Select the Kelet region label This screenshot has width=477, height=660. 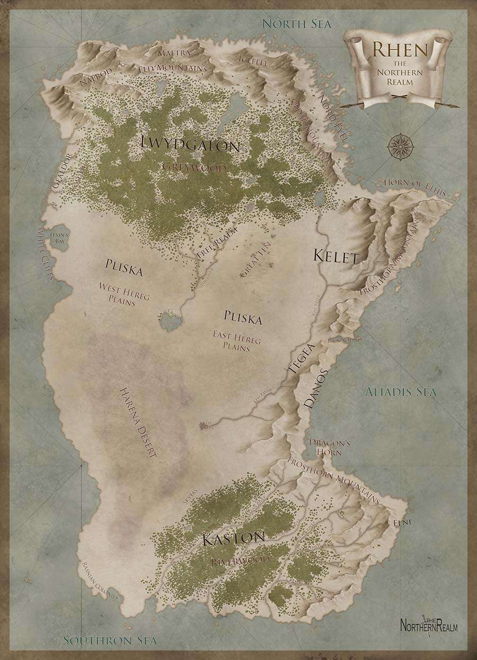336,256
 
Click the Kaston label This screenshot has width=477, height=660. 233,539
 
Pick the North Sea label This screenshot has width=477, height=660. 297,24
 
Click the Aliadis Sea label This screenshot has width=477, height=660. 401,392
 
